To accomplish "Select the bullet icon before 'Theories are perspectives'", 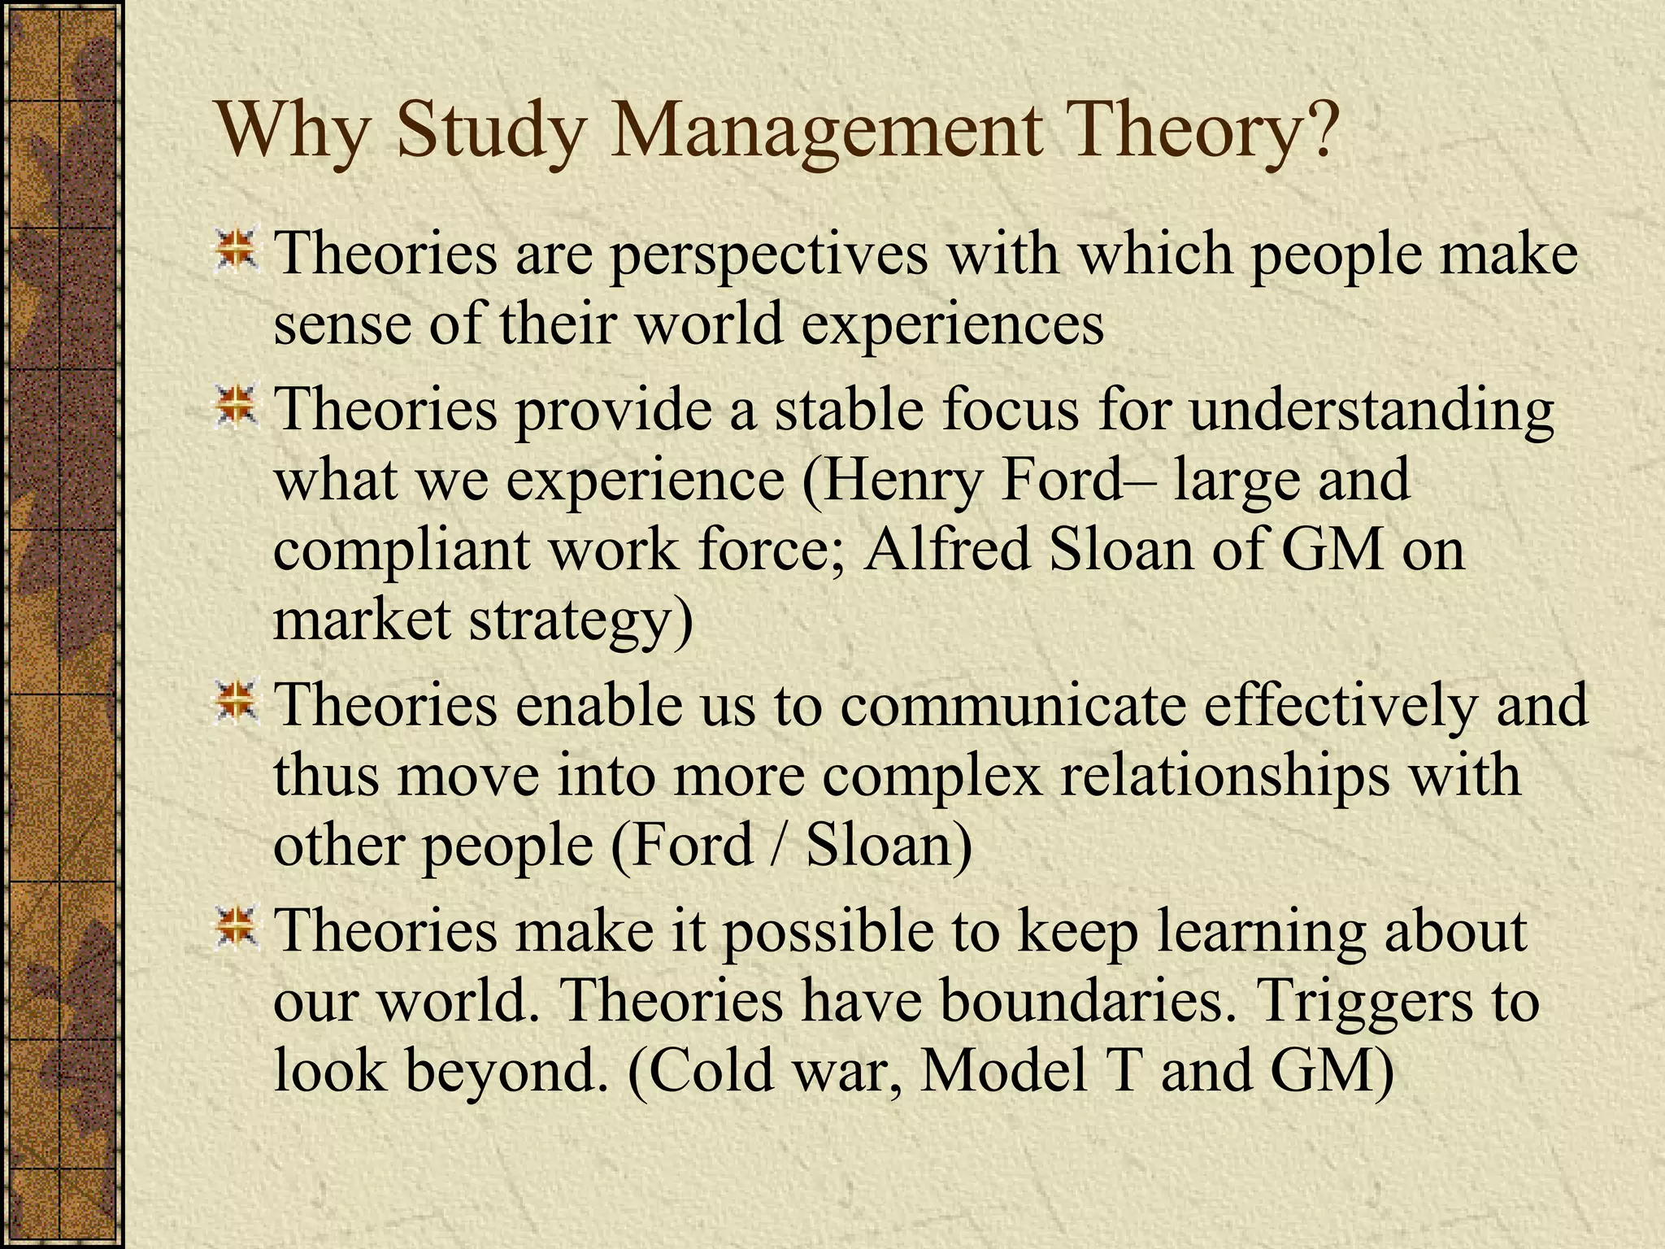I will pos(236,250).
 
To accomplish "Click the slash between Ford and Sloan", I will pos(777,846).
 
